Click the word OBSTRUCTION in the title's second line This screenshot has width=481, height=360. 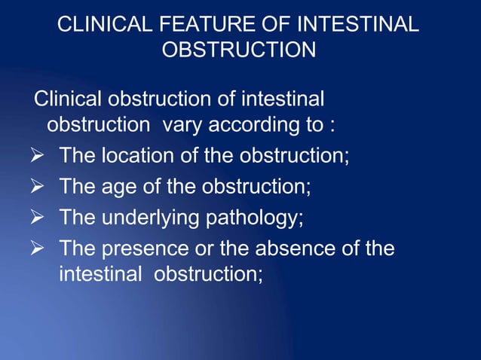239,50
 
